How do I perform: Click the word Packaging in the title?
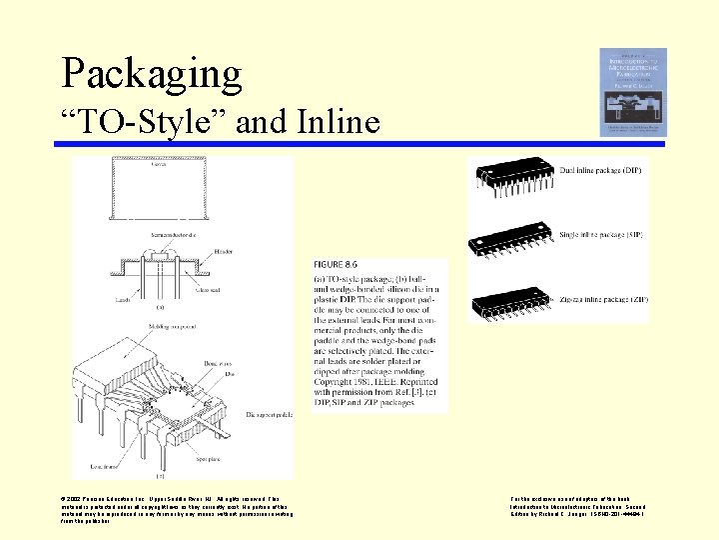pos(152,74)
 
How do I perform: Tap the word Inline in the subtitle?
pos(339,122)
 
